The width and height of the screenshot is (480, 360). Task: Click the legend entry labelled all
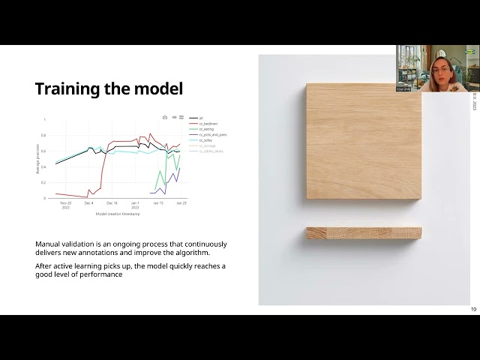click(201, 118)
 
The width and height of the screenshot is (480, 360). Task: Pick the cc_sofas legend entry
click(205, 139)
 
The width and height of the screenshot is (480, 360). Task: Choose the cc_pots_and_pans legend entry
click(212, 134)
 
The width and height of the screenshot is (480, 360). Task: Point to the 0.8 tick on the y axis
click(44, 135)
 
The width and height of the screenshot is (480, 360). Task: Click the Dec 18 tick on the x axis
click(112, 202)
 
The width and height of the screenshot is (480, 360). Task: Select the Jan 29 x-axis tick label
click(181, 202)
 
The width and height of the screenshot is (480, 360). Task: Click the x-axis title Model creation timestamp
click(118, 213)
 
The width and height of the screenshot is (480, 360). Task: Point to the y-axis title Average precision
click(37, 159)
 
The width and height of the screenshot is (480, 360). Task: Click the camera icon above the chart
click(165, 117)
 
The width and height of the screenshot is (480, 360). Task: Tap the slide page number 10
click(473, 309)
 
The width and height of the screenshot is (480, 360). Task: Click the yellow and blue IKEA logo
click(470, 52)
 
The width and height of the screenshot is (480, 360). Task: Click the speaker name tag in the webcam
click(403, 88)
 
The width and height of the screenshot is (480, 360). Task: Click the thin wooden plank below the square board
click(364, 233)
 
